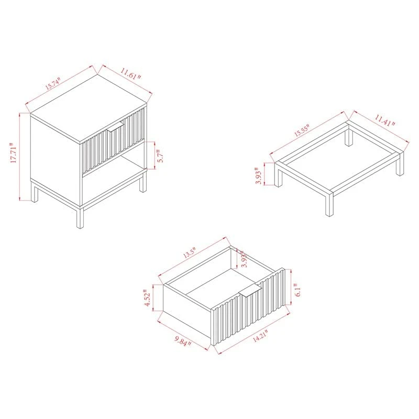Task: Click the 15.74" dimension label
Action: click(x=52, y=84)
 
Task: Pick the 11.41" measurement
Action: click(x=383, y=122)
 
